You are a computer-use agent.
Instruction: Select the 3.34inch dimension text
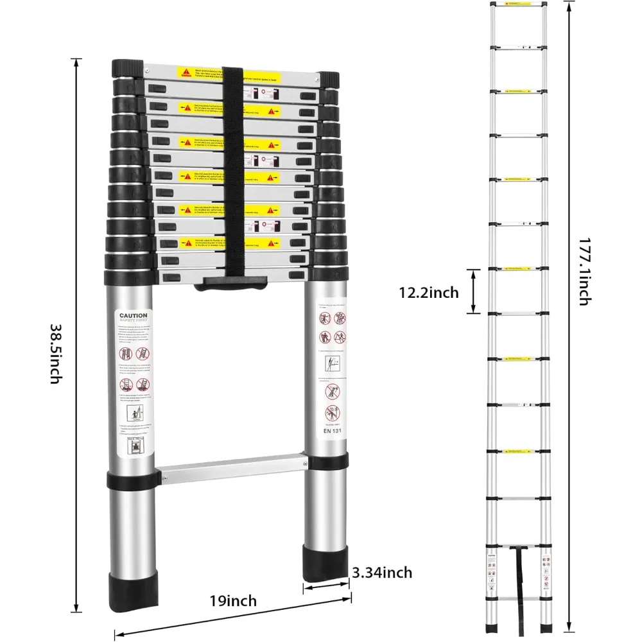coord(381,572)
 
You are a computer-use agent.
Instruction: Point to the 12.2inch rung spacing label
coord(428,293)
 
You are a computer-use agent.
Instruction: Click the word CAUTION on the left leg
coord(132,316)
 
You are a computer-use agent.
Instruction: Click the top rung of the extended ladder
coord(519,5)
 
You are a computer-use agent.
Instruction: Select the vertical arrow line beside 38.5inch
coord(77,334)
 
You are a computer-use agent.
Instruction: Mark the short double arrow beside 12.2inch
coord(474,291)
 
